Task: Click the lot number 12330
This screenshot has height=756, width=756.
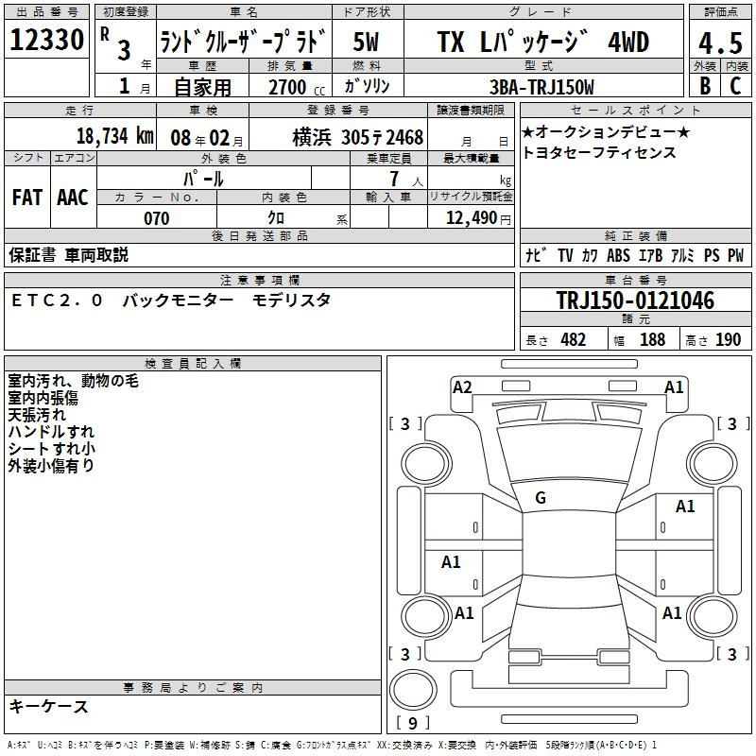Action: pyautogui.click(x=46, y=40)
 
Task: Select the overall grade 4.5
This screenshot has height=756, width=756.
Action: pyautogui.click(x=720, y=43)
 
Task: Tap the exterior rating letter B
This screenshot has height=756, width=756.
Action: pyautogui.click(x=705, y=85)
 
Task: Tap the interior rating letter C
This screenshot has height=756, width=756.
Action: pyautogui.click(x=735, y=85)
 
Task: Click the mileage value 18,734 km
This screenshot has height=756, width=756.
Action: pyautogui.click(x=115, y=136)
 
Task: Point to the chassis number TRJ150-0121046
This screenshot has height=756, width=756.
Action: pyautogui.click(x=635, y=301)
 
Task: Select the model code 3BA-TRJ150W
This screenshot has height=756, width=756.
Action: pyautogui.click(x=541, y=87)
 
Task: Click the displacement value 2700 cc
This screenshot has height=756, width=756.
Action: pyautogui.click(x=297, y=87)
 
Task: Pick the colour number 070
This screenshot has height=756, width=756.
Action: pyautogui.click(x=157, y=218)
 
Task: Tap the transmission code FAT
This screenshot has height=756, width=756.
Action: pyautogui.click(x=27, y=198)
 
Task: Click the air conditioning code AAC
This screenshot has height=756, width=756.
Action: pyautogui.click(x=73, y=198)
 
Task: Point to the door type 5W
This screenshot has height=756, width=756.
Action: pyautogui.click(x=366, y=42)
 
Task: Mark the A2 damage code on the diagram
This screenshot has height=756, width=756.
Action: pyautogui.click(x=462, y=387)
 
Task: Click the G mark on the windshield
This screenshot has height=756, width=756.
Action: pyautogui.click(x=541, y=498)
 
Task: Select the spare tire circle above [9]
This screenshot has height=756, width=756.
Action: pyautogui.click(x=413, y=690)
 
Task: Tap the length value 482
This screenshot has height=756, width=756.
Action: pyautogui.click(x=574, y=339)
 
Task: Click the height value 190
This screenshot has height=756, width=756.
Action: pyautogui.click(x=728, y=339)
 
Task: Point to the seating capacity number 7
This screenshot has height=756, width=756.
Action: pyautogui.click(x=394, y=179)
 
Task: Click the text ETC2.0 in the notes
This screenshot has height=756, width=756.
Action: pyautogui.click(x=57, y=301)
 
